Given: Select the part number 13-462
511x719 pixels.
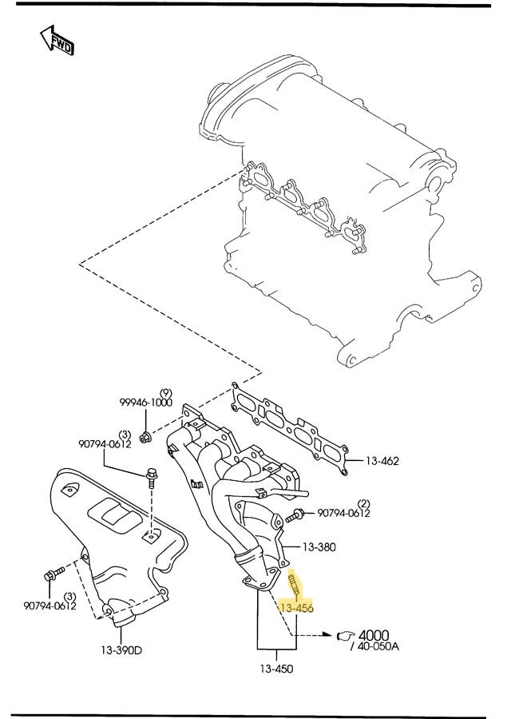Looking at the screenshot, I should [x=382, y=461].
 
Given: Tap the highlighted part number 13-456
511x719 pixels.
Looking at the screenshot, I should [x=296, y=608].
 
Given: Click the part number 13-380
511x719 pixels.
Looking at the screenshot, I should [x=319, y=547].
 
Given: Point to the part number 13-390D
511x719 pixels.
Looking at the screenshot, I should [x=121, y=649].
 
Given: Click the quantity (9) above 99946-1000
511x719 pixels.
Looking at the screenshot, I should [x=165, y=392].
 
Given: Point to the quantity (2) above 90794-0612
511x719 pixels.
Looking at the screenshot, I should [x=363, y=503].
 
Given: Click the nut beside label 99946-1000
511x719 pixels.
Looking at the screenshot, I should [x=145, y=437].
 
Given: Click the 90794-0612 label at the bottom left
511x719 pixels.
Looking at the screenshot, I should [x=50, y=606].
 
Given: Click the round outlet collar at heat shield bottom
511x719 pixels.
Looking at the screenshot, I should [x=124, y=617].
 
